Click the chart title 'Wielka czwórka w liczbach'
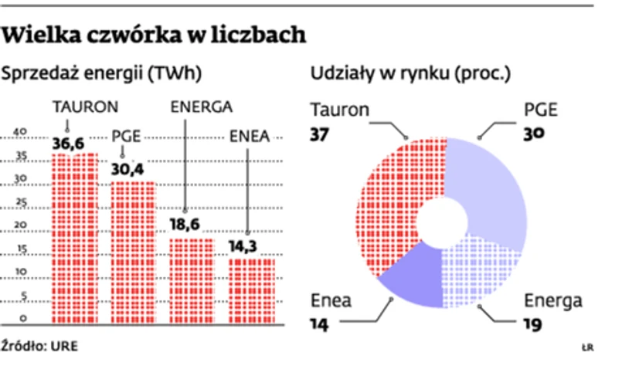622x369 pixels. click(x=155, y=36)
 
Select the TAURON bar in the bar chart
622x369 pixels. click(x=74, y=235)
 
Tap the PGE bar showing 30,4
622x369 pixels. click(x=133, y=251)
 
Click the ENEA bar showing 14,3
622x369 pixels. click(x=251, y=289)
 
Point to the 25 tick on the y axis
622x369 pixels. click(x=22, y=202)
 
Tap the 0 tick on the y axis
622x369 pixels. click(x=23, y=318)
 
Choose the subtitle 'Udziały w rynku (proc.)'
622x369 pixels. click(x=410, y=74)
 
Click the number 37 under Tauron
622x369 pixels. click(x=321, y=134)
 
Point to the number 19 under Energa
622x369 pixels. click(x=534, y=324)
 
